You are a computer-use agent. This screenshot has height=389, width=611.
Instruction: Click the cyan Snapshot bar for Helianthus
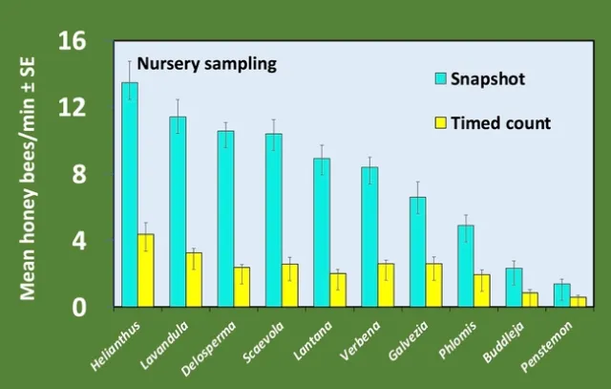click(130, 195)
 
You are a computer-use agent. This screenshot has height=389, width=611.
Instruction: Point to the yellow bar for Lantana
click(338, 290)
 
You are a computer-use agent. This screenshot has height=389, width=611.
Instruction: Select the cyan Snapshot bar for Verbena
click(369, 237)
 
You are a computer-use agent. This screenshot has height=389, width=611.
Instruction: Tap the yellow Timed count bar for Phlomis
click(482, 291)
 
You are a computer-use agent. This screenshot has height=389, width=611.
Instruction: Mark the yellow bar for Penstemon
click(578, 301)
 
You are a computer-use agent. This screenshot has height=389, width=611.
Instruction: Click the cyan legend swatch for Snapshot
click(440, 78)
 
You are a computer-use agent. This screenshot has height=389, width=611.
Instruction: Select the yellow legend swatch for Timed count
click(440, 122)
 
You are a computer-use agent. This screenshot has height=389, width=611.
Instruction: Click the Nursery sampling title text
click(206, 65)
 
